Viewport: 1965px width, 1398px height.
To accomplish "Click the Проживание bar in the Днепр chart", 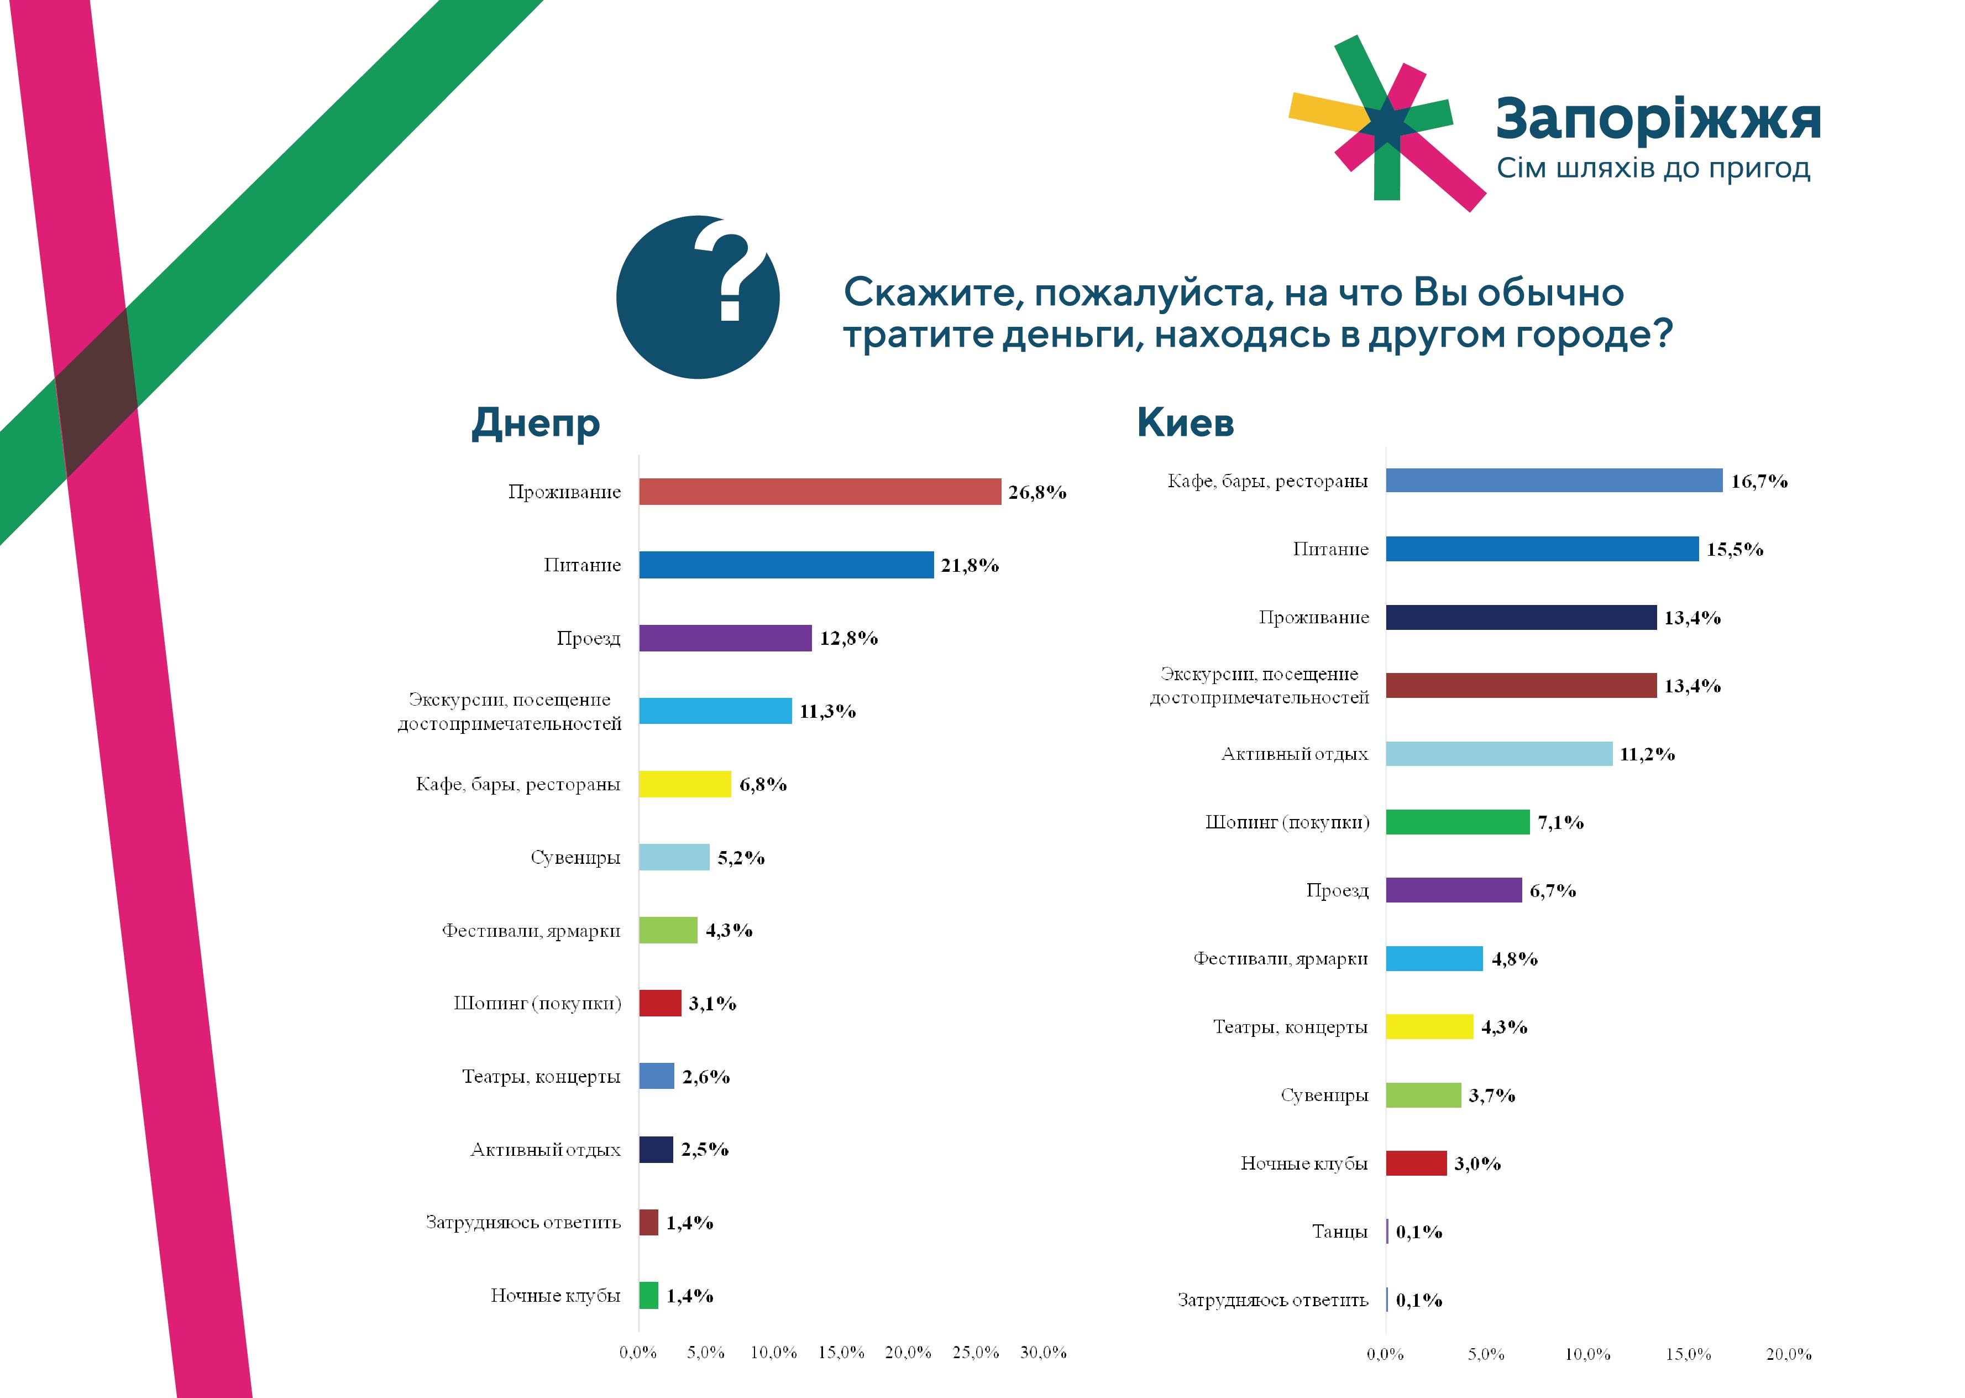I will pyautogui.click(x=819, y=492).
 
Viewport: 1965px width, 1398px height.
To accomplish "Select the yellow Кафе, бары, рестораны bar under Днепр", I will pyautogui.click(x=685, y=784).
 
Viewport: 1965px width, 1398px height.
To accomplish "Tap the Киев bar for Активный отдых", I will pyautogui.click(x=1498, y=754).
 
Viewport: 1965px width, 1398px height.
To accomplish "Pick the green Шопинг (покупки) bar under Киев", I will pyautogui.click(x=1458, y=822).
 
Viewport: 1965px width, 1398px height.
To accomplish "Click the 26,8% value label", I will pyautogui.click(x=1037, y=492).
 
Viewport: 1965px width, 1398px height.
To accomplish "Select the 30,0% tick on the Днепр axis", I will pyautogui.click(x=1042, y=1352).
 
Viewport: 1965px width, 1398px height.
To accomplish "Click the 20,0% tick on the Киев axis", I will pyautogui.click(x=1789, y=1354).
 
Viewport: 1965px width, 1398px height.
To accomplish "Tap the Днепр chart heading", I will pyautogui.click(x=535, y=422).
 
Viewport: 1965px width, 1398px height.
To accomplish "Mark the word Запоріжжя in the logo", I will pyautogui.click(x=1658, y=119).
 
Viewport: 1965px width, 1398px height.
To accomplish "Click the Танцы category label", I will pyautogui.click(x=1339, y=1232).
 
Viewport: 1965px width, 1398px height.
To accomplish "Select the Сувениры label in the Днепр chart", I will pyautogui.click(x=575, y=857).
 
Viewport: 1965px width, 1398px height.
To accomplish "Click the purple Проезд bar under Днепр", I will pyautogui.click(x=725, y=638).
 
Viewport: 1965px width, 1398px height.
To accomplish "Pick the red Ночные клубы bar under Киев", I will pyautogui.click(x=1415, y=1163).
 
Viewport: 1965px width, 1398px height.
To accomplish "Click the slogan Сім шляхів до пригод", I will pyautogui.click(x=1653, y=168).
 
